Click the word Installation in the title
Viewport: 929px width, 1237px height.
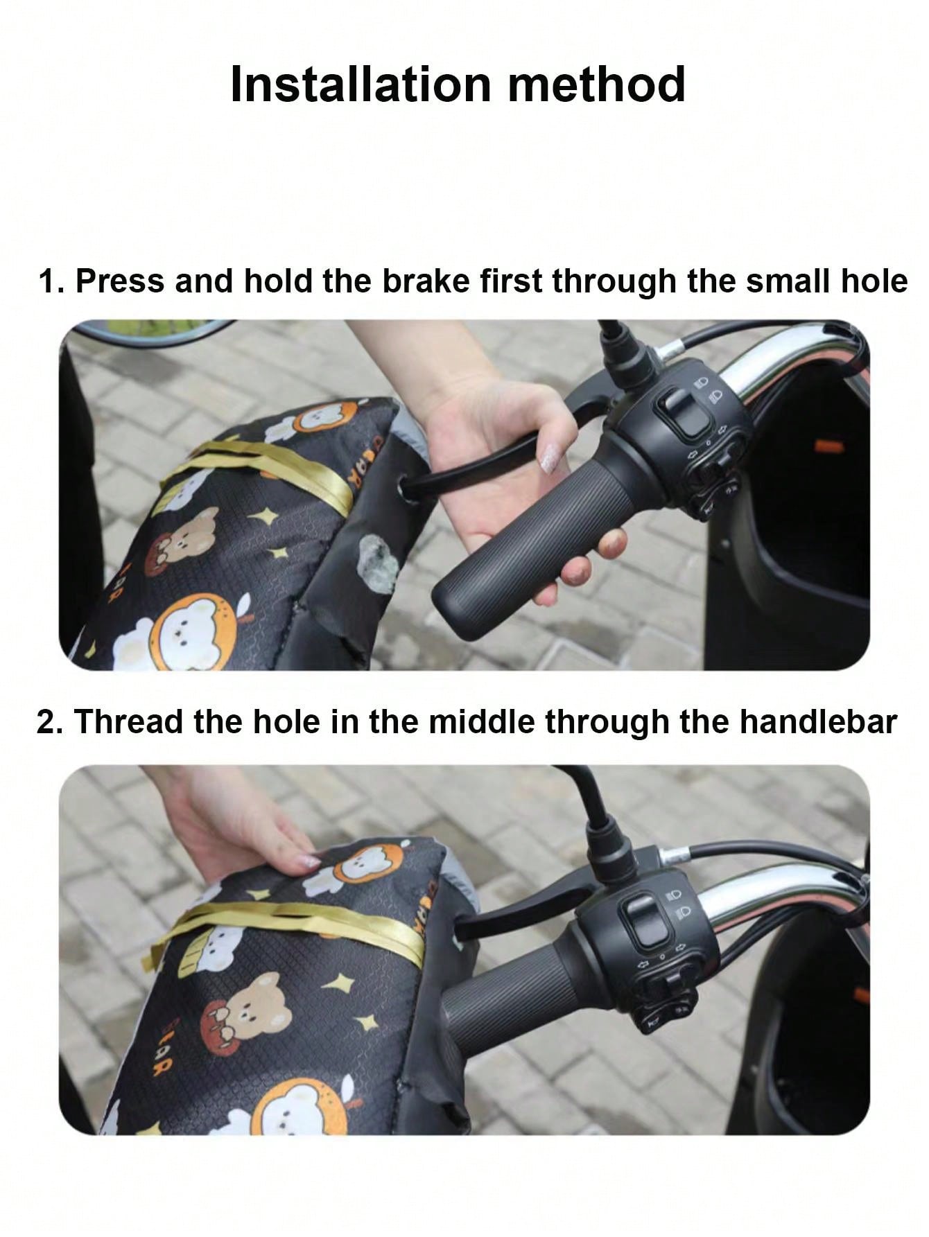coord(361,85)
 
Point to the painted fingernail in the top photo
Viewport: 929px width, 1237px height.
coord(550,459)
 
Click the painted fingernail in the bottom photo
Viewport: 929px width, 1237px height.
coord(309,861)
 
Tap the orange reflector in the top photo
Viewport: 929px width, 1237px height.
coord(829,445)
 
